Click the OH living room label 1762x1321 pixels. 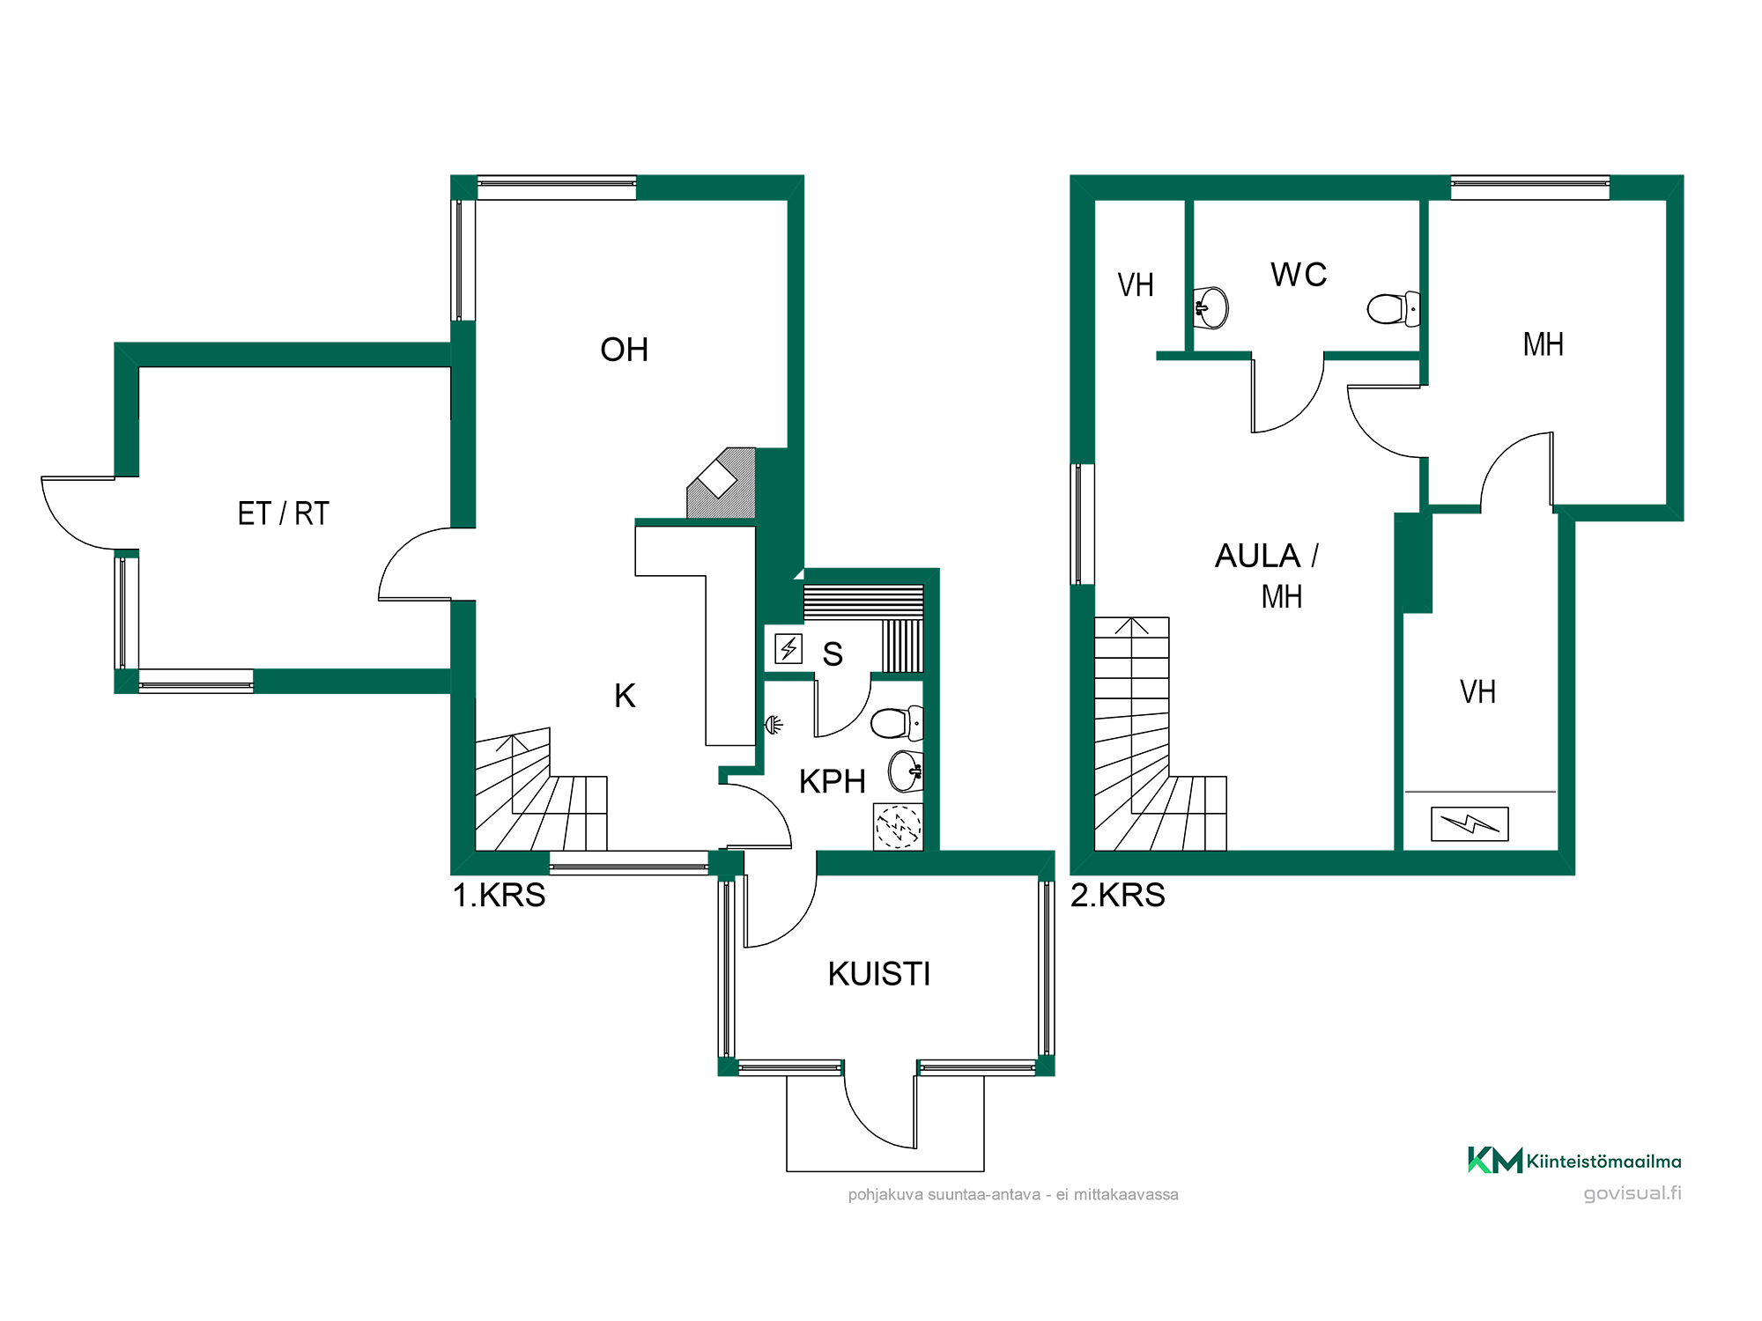point(624,350)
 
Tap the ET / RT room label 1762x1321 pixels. point(283,513)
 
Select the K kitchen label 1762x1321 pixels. point(625,696)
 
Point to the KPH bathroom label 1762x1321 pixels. point(832,781)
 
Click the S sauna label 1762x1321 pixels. point(833,654)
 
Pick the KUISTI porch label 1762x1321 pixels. point(879,974)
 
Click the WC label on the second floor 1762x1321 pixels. point(1299,275)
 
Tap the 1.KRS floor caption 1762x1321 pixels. point(499,895)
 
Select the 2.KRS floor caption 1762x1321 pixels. point(1118,895)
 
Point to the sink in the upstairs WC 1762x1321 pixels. point(1210,307)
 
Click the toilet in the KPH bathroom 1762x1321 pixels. point(897,723)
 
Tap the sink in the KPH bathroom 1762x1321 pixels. point(906,771)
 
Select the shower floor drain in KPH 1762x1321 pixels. point(898,827)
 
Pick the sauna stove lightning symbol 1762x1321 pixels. point(788,649)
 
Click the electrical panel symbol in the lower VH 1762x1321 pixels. point(1470,824)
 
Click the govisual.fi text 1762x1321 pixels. point(1632,1193)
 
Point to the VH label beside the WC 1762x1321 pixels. point(1136,285)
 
